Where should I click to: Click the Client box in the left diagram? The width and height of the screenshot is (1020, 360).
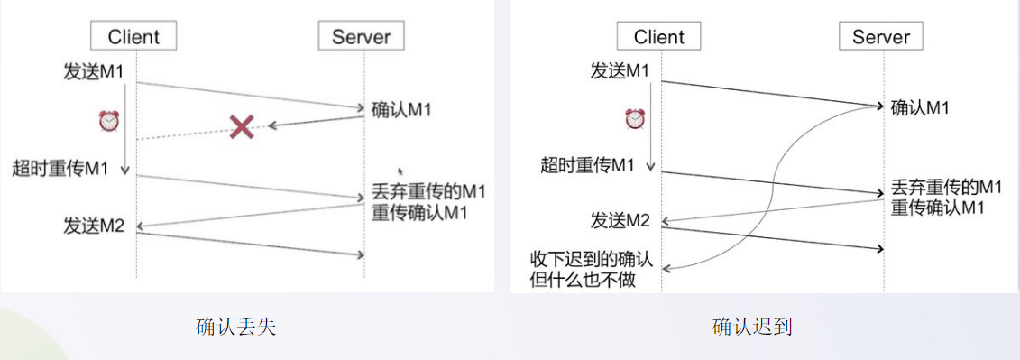[133, 36]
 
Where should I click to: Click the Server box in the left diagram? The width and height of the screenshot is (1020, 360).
[361, 36]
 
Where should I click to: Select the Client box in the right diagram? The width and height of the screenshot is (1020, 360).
[659, 36]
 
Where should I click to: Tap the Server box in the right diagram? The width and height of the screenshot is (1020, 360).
[881, 36]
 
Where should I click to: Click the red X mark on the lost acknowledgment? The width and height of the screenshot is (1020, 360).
[241, 126]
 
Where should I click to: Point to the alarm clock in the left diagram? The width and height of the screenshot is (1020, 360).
[109, 121]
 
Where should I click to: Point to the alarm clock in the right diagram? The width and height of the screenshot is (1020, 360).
[635, 118]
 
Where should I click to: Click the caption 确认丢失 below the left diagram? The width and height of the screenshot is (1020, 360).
[235, 327]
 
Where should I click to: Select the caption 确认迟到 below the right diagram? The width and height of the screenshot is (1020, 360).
[751, 327]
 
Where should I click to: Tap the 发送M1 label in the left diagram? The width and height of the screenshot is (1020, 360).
[94, 72]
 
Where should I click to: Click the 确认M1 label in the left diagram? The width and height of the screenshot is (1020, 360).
[402, 110]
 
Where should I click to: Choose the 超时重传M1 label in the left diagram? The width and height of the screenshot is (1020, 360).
[60, 168]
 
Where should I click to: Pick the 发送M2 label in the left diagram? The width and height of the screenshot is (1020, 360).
[94, 225]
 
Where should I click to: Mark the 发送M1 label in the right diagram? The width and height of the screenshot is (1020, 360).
[620, 70]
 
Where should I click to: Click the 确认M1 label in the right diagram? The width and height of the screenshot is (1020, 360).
[920, 107]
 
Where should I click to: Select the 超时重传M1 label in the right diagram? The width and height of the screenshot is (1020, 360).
[587, 165]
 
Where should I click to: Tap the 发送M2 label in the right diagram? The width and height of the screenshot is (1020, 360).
[620, 220]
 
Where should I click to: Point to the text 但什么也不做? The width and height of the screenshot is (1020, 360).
[583, 280]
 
